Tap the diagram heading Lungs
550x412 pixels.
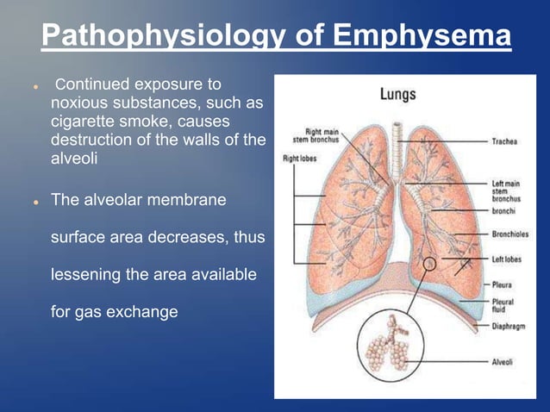(397, 95)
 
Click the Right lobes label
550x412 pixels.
(298, 159)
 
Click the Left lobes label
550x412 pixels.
(508, 259)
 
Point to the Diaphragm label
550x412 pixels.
(509, 326)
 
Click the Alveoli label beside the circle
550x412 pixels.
(503, 363)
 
